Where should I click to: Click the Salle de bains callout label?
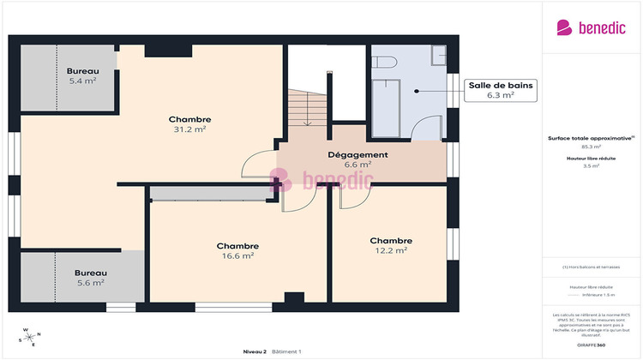(x=501, y=89)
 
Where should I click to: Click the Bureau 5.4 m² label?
(x=82, y=75)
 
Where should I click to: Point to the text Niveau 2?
(x=255, y=351)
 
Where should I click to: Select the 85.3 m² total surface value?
(x=592, y=147)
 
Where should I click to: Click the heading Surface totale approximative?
(x=592, y=138)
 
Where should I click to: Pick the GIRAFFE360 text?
(x=592, y=344)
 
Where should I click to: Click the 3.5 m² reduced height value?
(x=592, y=166)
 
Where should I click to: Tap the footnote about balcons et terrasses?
(x=592, y=267)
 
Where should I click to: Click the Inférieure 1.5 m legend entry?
(x=596, y=295)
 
